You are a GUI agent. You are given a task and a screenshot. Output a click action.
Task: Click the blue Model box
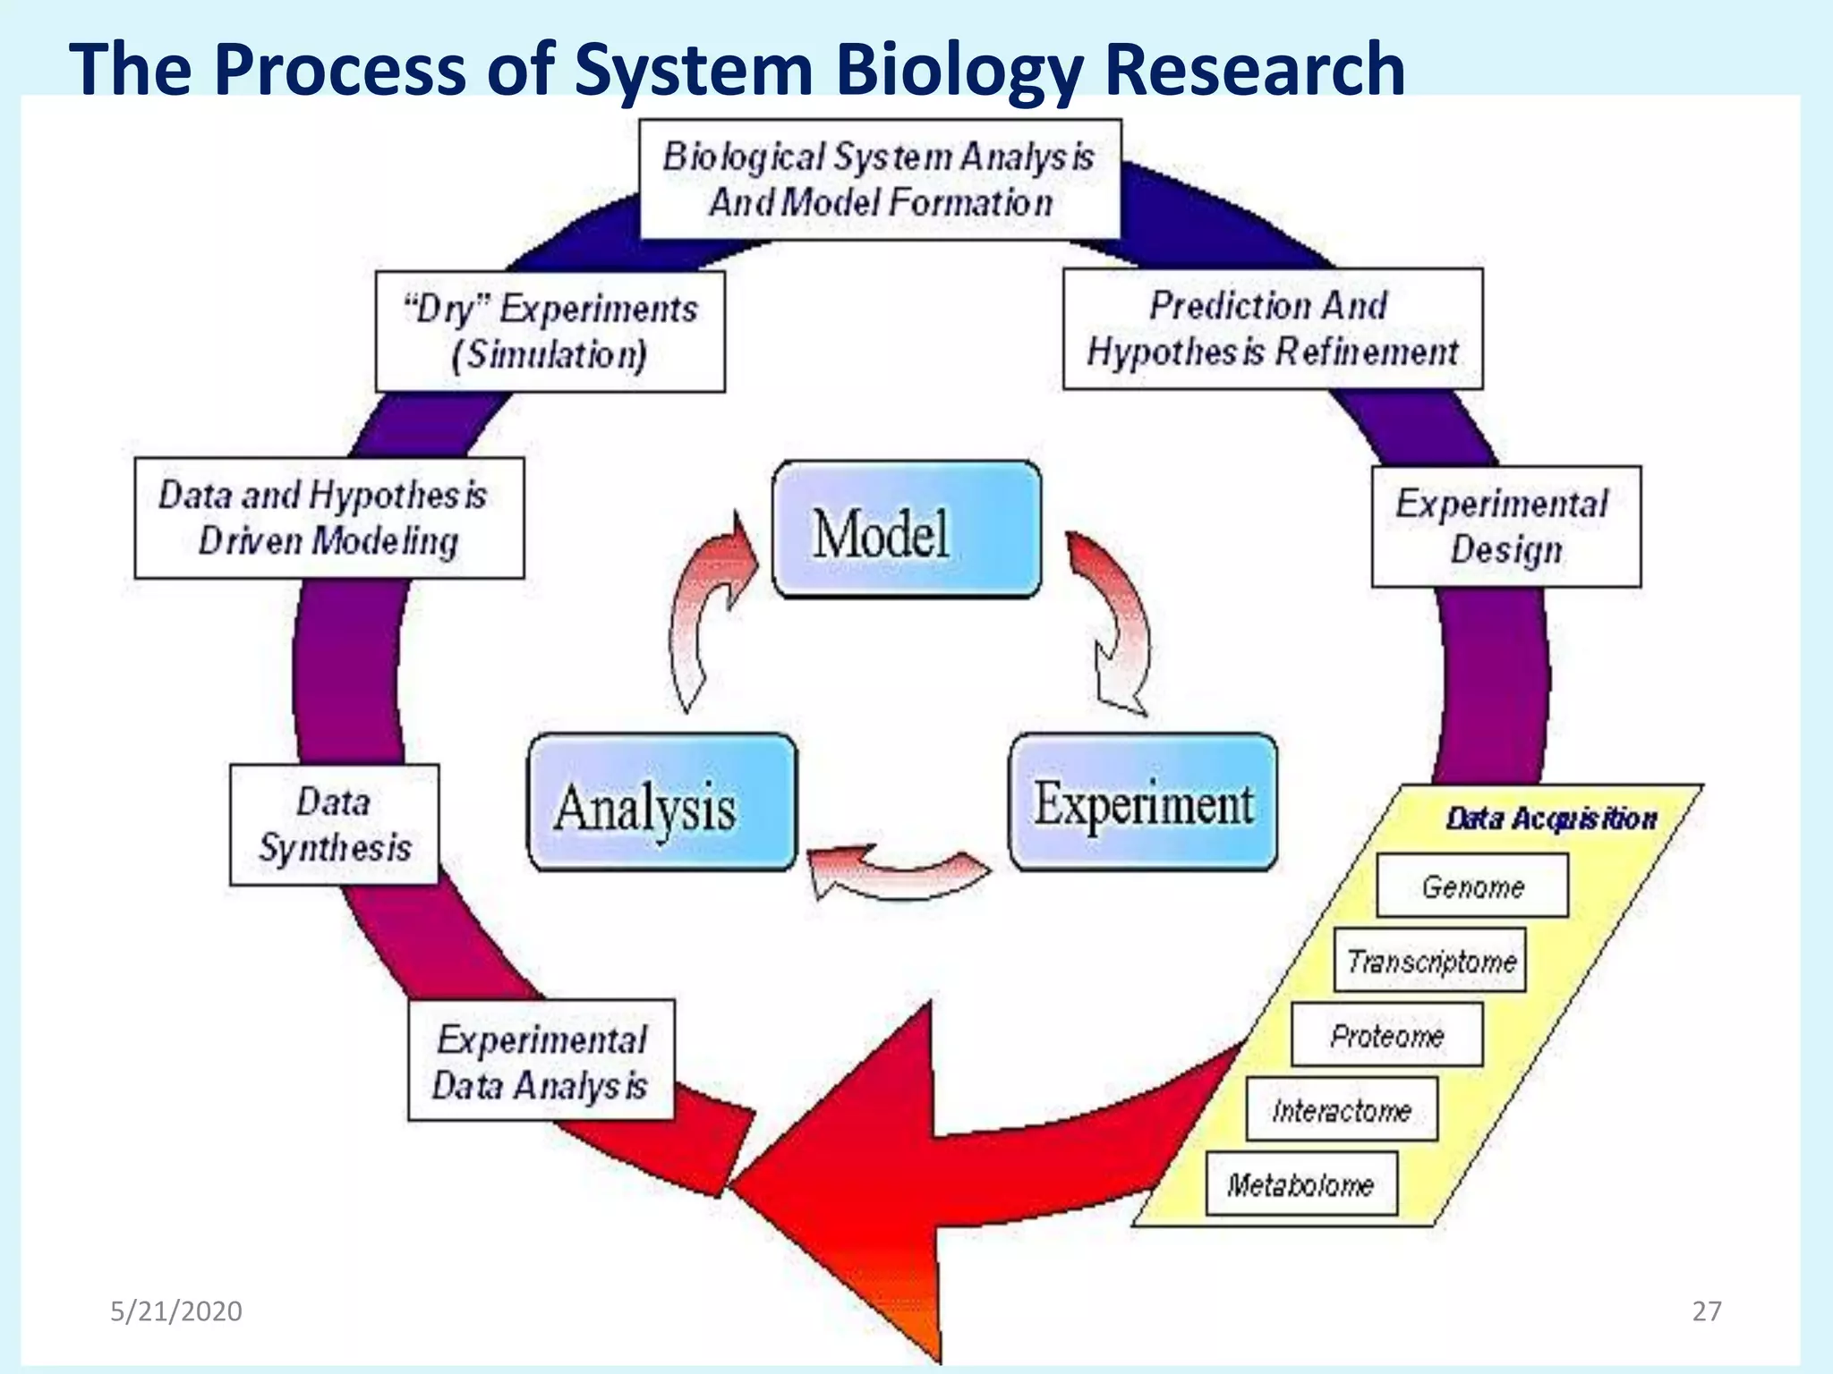pyautogui.click(x=907, y=530)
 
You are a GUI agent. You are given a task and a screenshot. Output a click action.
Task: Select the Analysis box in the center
pyautogui.click(x=661, y=802)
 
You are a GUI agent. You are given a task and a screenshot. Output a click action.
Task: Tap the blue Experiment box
pyautogui.click(x=1143, y=802)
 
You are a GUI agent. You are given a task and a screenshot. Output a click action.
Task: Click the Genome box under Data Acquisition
pyautogui.click(x=1472, y=886)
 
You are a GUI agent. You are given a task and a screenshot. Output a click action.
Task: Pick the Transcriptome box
pyautogui.click(x=1429, y=961)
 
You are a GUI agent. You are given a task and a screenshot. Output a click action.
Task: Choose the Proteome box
pyautogui.click(x=1386, y=1035)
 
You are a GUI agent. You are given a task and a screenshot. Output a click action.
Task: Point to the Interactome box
pyautogui.click(x=1342, y=1109)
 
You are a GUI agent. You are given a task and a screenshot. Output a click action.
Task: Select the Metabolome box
pyautogui.click(x=1301, y=1184)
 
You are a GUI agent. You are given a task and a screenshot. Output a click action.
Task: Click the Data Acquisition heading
pyautogui.click(x=1551, y=818)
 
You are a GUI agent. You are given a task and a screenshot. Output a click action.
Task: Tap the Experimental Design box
pyautogui.click(x=1505, y=526)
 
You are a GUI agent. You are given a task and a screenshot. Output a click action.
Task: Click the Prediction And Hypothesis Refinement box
pyautogui.click(x=1272, y=329)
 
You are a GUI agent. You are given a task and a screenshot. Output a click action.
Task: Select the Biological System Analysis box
pyautogui.click(x=880, y=180)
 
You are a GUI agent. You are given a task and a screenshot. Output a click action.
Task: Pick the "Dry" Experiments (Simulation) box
pyautogui.click(x=550, y=332)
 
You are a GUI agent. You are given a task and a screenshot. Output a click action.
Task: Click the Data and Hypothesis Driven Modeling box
pyautogui.click(x=329, y=518)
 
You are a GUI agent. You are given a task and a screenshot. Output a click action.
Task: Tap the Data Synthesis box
pyautogui.click(x=334, y=825)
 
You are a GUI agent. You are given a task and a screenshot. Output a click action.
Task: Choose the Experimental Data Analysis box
pyautogui.click(x=541, y=1061)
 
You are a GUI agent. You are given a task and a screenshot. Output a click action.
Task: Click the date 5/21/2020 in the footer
pyautogui.click(x=176, y=1311)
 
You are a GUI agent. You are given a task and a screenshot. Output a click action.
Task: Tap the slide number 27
pyautogui.click(x=1707, y=1311)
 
